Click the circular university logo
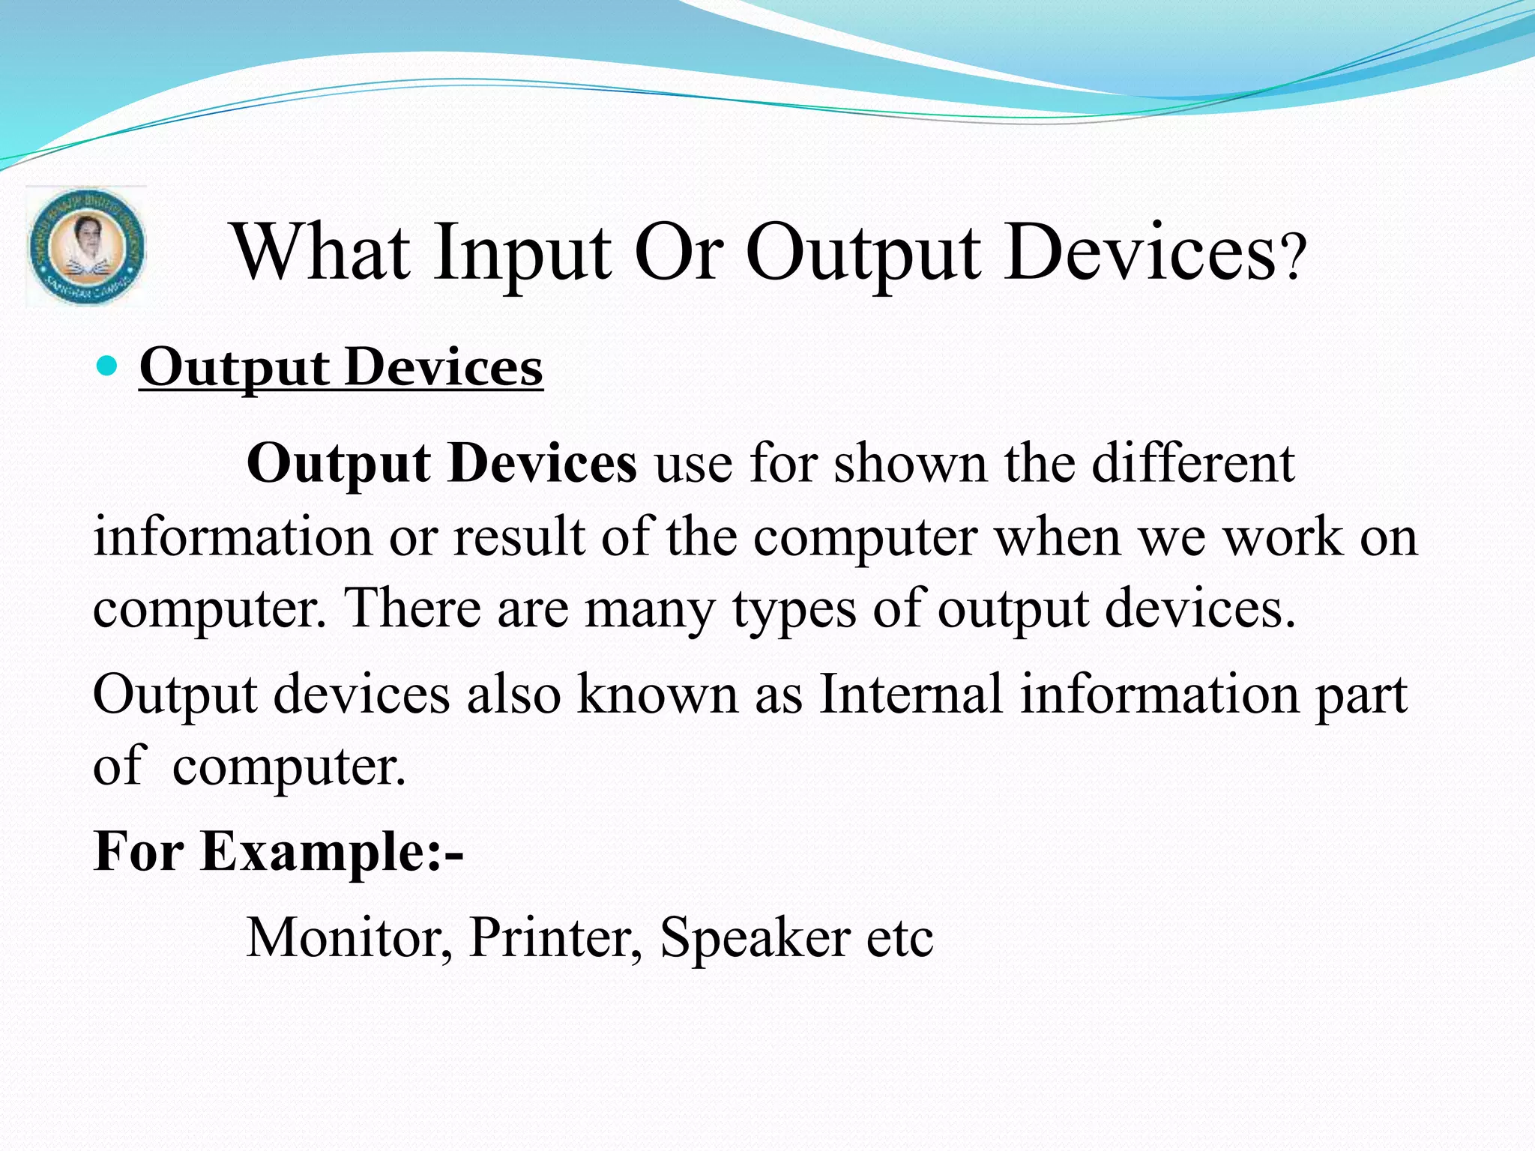[86, 247]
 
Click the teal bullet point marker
[108, 366]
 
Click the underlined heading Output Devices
[341, 367]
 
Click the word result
[519, 537]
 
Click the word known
[657, 693]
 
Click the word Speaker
[755, 939]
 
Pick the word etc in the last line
[899, 939]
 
